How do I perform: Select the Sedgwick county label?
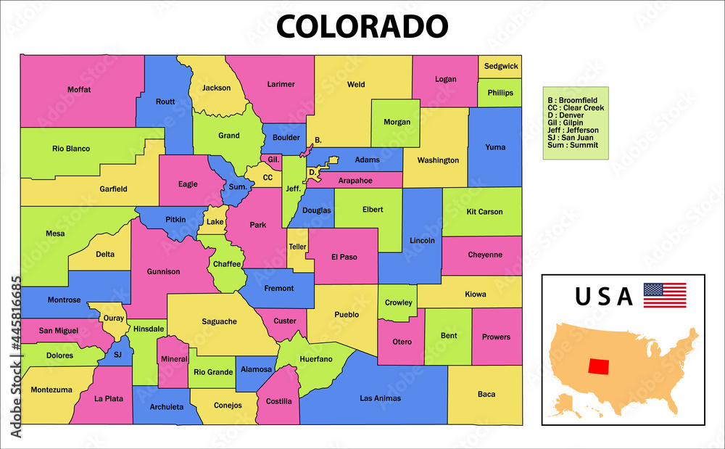[501, 66]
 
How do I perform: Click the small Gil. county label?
[273, 159]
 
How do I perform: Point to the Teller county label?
[298, 247]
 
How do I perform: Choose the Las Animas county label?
[380, 397]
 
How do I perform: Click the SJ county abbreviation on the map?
[118, 355]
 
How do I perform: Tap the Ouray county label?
[114, 318]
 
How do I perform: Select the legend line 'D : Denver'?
[566, 115]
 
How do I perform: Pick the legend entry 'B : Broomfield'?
[573, 100]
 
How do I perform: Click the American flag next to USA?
[664, 294]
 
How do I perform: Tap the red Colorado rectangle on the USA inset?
[600, 366]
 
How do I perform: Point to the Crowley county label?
[398, 302]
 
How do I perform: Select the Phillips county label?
[500, 93]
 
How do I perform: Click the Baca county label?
[486, 394]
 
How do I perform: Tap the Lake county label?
[215, 221]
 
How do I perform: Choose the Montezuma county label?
[51, 390]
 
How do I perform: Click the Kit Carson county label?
[484, 212]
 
